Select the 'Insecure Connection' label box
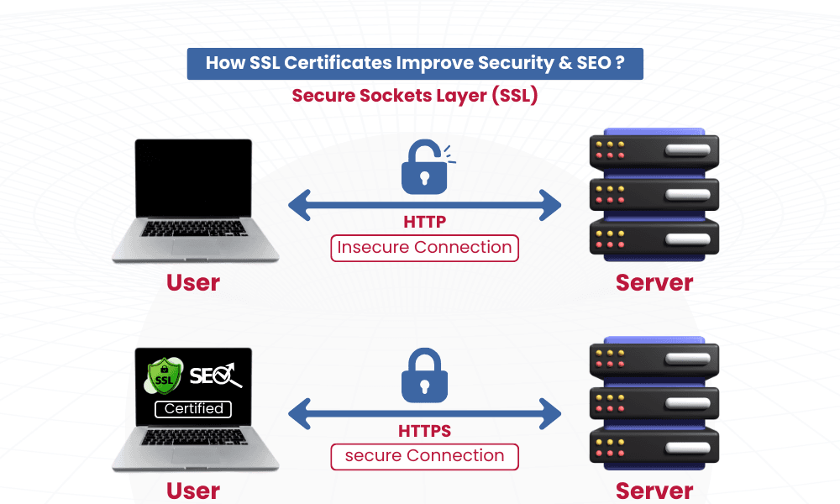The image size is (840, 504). [x=424, y=248]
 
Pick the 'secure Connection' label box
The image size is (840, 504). [x=424, y=456]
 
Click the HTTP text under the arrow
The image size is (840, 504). [x=424, y=223]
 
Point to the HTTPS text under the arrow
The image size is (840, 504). [x=424, y=432]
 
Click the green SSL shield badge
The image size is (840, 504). [x=164, y=375]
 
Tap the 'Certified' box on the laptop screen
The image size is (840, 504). [x=193, y=409]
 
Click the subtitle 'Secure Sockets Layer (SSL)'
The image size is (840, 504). [x=415, y=96]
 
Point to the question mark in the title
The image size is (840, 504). [x=619, y=63]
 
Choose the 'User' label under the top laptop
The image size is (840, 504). [x=193, y=283]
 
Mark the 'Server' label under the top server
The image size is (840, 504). [x=654, y=283]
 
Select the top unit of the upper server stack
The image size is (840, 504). [x=654, y=152]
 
